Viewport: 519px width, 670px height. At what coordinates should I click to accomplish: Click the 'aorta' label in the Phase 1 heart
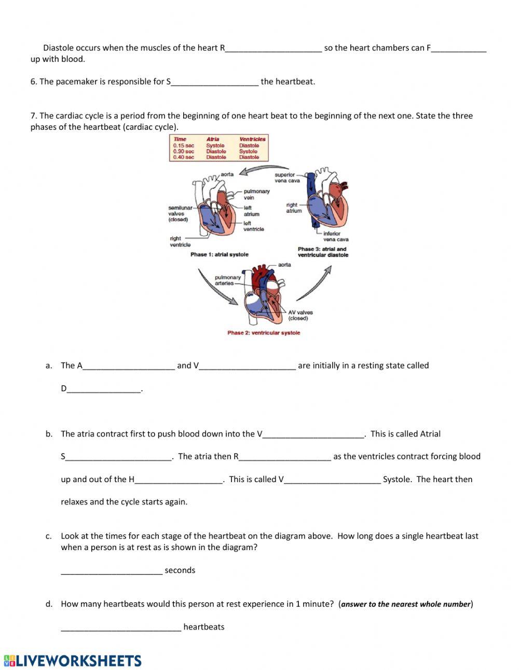[x=227, y=174]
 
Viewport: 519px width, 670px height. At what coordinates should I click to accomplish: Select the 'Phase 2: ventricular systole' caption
[x=264, y=333]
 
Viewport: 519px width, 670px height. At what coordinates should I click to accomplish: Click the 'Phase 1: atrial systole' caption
[x=219, y=254]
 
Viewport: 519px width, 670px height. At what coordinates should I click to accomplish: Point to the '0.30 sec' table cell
[x=183, y=152]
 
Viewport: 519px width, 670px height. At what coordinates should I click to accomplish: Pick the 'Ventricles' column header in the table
[x=252, y=139]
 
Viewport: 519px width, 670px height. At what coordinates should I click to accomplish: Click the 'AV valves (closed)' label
[x=300, y=315]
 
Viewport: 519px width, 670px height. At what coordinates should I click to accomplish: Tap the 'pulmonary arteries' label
[x=228, y=280]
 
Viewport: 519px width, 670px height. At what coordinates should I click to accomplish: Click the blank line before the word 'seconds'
[x=112, y=571]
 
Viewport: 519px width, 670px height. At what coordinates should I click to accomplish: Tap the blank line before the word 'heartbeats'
[x=121, y=627]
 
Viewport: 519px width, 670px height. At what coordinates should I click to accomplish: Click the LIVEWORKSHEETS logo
[x=73, y=660]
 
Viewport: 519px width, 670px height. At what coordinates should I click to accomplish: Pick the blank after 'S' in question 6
[x=214, y=82]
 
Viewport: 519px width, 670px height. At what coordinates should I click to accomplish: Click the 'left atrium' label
[x=251, y=211]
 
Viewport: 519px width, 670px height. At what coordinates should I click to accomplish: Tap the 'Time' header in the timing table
[x=180, y=139]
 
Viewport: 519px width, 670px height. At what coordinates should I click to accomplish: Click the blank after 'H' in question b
[x=179, y=480]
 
